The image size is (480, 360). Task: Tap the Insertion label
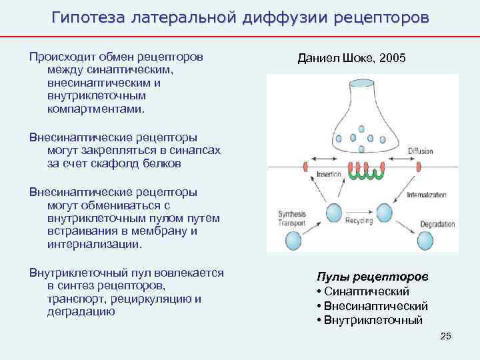328,174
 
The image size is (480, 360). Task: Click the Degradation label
437,225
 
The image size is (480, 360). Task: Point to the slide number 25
446,336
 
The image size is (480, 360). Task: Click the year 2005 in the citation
391,59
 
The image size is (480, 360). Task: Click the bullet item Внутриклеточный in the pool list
373,320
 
